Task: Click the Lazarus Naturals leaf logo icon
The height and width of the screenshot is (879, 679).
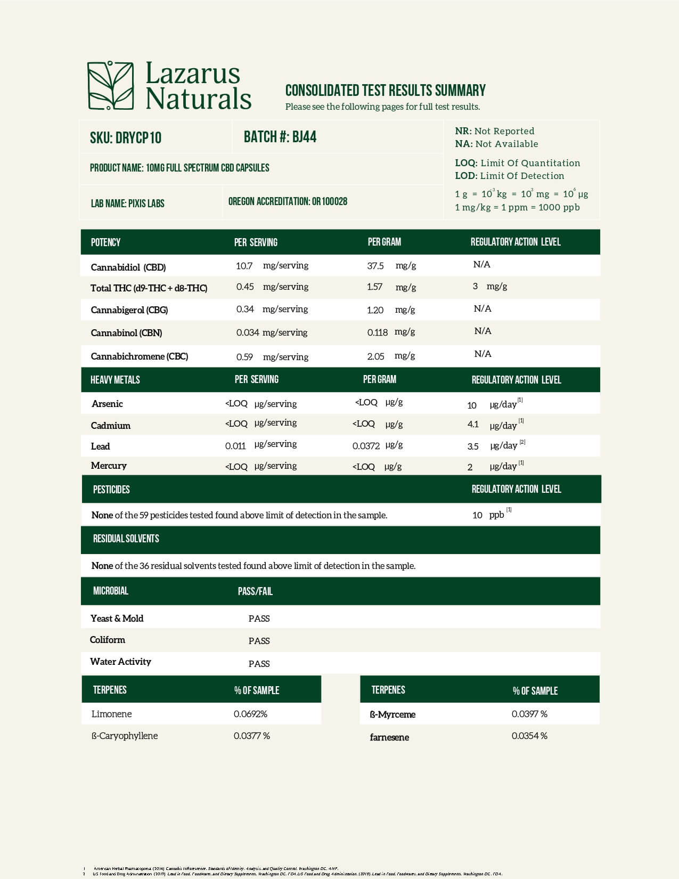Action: (x=111, y=86)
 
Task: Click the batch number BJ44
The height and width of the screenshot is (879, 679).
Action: (x=304, y=137)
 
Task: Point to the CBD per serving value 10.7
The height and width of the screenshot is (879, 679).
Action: (x=244, y=266)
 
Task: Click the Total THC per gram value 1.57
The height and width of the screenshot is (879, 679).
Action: (x=374, y=287)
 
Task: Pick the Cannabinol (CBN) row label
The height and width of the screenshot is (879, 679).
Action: (x=126, y=333)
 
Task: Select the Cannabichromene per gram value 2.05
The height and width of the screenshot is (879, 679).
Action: (x=375, y=356)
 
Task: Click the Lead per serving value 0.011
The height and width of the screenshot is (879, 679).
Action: (x=235, y=446)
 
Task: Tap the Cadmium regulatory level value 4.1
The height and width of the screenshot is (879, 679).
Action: (x=473, y=425)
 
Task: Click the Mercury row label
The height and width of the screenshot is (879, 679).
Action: (x=109, y=466)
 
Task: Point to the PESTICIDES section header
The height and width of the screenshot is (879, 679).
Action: (x=111, y=489)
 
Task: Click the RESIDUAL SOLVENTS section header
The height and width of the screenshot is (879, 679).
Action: (x=126, y=539)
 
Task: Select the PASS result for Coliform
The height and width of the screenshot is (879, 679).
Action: (x=259, y=641)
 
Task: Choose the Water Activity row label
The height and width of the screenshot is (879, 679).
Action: (x=120, y=662)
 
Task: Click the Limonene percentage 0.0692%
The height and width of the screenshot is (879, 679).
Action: (x=250, y=714)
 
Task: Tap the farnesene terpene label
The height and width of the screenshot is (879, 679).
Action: (x=389, y=737)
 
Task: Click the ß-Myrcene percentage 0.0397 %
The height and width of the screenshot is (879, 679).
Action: (x=529, y=714)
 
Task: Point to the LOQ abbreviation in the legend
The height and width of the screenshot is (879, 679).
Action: (x=465, y=163)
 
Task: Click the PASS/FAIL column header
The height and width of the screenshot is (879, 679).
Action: (x=255, y=591)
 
